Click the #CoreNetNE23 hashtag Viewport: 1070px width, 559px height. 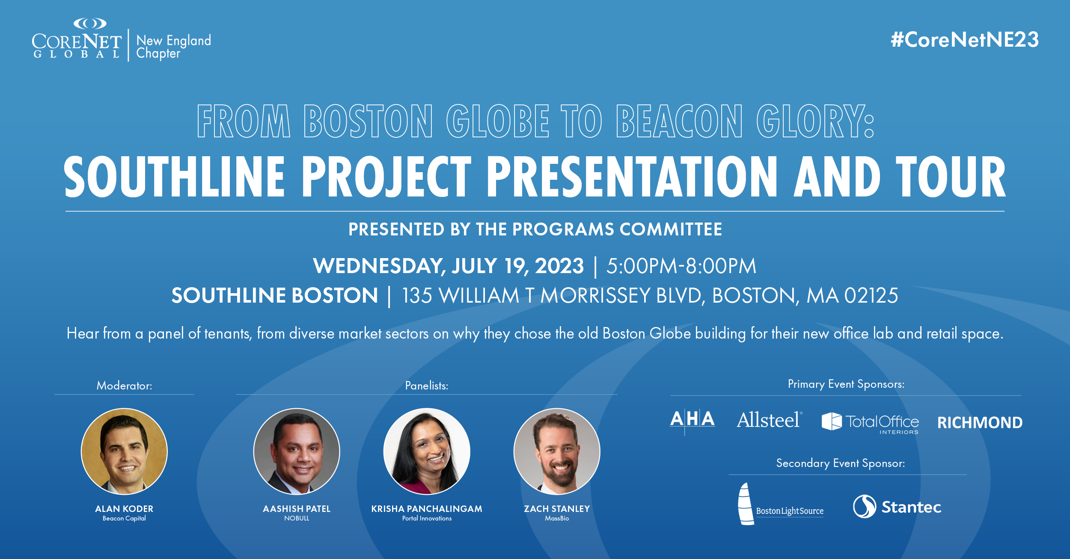click(x=965, y=40)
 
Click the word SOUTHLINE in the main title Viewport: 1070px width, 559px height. click(x=175, y=176)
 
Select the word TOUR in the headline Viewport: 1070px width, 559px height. click(x=951, y=176)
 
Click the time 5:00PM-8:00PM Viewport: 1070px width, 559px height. click(x=681, y=266)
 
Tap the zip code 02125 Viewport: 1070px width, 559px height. click(x=871, y=295)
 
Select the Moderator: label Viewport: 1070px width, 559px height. click(x=124, y=386)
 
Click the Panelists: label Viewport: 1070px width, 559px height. click(x=427, y=386)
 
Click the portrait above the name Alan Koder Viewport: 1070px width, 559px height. click(x=124, y=451)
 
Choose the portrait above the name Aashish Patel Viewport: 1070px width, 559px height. click(x=297, y=451)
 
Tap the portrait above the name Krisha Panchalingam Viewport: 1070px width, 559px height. click(x=427, y=451)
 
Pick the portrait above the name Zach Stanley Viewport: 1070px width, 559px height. click(x=557, y=451)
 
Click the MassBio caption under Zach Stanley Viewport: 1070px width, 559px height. click(x=557, y=518)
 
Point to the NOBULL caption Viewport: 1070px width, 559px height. click(x=297, y=518)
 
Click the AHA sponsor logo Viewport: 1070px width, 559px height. click(x=693, y=421)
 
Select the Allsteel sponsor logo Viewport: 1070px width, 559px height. click(x=769, y=420)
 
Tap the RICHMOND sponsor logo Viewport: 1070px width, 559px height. click(x=980, y=423)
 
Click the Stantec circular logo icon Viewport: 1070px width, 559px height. click(x=865, y=506)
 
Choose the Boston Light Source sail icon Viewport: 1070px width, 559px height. click(x=746, y=504)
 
